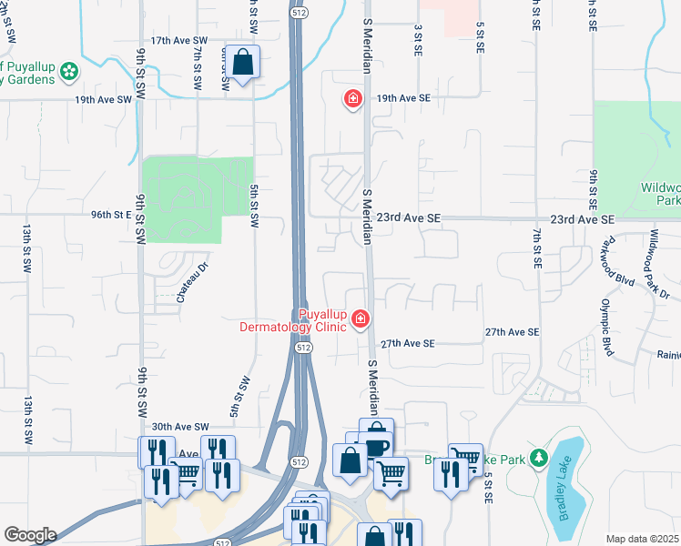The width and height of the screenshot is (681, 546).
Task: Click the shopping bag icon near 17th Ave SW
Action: [243, 64]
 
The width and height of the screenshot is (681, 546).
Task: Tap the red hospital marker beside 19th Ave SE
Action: [352, 98]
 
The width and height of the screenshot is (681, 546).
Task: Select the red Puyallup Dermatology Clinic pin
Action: [361, 318]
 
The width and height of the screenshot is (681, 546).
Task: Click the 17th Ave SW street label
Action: [179, 41]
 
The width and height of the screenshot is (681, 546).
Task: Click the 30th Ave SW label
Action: [180, 427]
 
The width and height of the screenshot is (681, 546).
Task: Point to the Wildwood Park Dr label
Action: [658, 264]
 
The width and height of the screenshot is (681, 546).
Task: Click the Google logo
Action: [29, 535]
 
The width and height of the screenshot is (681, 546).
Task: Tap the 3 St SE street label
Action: [419, 39]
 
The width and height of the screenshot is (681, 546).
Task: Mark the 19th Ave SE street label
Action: [402, 97]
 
